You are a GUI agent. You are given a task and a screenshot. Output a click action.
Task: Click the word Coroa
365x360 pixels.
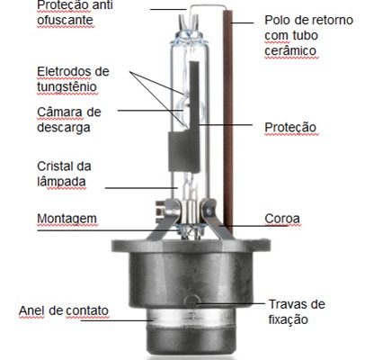[x=282, y=219]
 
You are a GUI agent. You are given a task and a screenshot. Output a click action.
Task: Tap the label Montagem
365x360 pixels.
[x=67, y=220]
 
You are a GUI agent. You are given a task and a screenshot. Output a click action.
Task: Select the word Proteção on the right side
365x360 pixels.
[x=290, y=128]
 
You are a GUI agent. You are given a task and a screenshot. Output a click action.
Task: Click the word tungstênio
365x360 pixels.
[x=67, y=87]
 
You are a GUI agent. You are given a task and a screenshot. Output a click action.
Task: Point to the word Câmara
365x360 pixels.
[x=59, y=112]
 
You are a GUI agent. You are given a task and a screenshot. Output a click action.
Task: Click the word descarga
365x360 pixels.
[x=64, y=128]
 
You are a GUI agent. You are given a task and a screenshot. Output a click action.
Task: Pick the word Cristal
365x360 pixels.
[x=55, y=166]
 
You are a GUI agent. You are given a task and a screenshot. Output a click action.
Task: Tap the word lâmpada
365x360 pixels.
[x=61, y=182]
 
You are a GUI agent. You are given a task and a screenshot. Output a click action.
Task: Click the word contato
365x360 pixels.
[x=87, y=310]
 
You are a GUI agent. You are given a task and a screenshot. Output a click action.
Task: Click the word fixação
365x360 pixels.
[x=288, y=319]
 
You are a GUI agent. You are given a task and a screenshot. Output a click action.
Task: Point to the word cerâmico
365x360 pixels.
[x=290, y=51]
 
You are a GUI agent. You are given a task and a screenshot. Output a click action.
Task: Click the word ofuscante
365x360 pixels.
[x=65, y=21]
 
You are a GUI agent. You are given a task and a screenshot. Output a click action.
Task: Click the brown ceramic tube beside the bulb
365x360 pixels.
[x=228, y=120]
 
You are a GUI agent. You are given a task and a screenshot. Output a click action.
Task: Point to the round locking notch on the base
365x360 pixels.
[x=192, y=301]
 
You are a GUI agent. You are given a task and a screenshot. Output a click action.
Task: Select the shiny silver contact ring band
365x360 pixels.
[x=190, y=319]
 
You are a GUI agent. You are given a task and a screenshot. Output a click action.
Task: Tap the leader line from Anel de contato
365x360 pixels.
[x=117, y=320]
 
